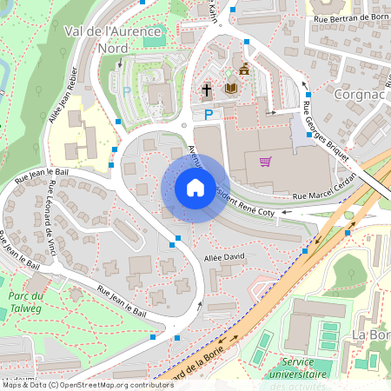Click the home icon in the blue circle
[x=195, y=188]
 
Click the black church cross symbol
[x=207, y=89]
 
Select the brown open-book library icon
[x=230, y=88]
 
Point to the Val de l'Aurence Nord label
[x=103, y=39]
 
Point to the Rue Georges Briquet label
[x=328, y=130]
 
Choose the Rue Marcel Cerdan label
[x=325, y=196]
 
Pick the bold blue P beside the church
[x=209, y=114]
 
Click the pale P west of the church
[x=127, y=91]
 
